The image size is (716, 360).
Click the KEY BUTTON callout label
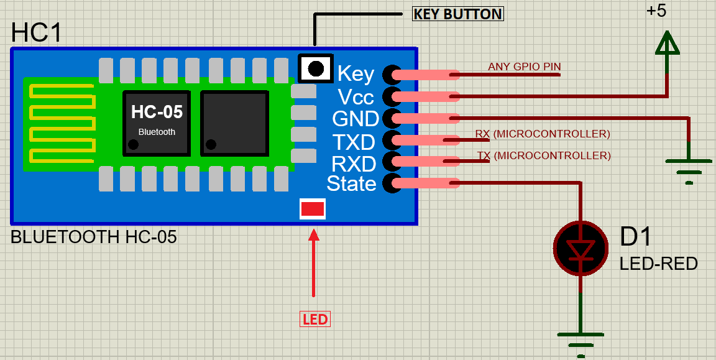point(458,14)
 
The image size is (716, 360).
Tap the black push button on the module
point(316,68)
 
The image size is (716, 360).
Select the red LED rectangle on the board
point(312,209)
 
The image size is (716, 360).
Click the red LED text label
point(315,320)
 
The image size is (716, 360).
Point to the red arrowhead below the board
point(313,235)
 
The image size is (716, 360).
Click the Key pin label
point(356,74)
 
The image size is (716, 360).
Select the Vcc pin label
point(356,96)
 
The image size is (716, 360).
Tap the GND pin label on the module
point(356,119)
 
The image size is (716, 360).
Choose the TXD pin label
point(353,142)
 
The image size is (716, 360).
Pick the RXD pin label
point(353,164)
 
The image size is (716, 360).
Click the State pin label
point(351,184)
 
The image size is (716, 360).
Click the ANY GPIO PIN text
point(520,67)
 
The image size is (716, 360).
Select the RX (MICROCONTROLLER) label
point(543,134)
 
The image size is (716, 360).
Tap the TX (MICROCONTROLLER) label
point(544,155)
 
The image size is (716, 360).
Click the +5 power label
point(656,11)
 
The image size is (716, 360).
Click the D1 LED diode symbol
point(580,249)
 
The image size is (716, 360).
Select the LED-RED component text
point(658,264)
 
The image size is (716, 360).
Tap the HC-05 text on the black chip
point(157,112)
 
